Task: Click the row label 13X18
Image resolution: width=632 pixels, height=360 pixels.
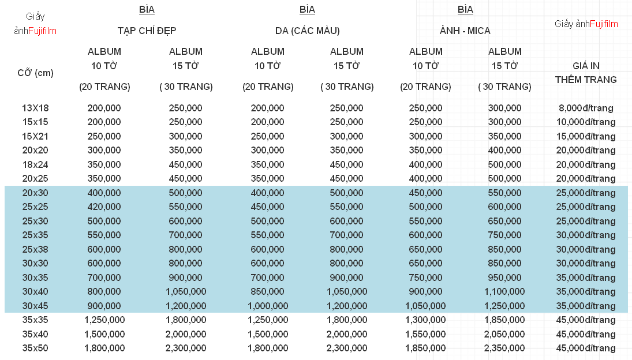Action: (35, 108)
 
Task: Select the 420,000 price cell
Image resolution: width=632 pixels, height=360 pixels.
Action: (104, 207)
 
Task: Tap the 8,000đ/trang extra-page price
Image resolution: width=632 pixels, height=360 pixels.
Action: (586, 108)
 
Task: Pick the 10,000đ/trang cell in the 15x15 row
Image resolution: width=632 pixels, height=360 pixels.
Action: (586, 122)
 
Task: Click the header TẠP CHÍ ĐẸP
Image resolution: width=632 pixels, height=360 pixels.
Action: (147, 31)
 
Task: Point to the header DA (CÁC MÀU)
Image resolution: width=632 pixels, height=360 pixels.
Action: (307, 31)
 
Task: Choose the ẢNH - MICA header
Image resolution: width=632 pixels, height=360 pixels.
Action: (465, 31)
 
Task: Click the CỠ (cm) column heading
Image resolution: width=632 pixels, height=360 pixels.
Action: (35, 73)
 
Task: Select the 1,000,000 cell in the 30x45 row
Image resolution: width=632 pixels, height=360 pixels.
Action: (268, 306)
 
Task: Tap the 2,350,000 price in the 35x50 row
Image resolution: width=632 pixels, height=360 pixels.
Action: (504, 348)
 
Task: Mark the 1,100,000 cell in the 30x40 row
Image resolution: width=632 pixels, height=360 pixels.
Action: (504, 291)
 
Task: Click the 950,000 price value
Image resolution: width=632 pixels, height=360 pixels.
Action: (504, 277)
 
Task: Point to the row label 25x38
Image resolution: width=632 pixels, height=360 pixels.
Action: (35, 249)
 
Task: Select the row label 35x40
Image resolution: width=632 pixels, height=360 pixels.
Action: (35, 334)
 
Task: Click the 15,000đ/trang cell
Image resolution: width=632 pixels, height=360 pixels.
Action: (586, 137)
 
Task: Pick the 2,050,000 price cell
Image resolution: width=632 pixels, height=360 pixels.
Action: (504, 334)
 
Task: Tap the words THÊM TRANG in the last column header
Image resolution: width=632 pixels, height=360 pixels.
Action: (586, 80)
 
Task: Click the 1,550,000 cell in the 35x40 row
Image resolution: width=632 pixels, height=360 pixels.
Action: (425, 334)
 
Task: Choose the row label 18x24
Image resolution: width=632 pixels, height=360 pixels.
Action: (35, 164)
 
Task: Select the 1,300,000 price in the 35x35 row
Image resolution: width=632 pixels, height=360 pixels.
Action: (425, 320)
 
